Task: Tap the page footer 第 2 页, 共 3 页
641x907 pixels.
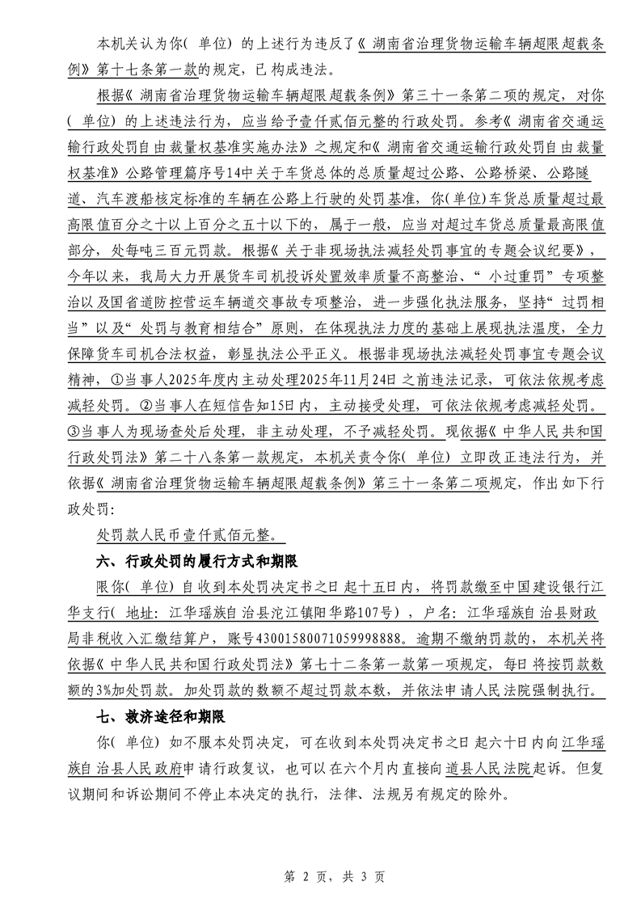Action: point(320,876)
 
